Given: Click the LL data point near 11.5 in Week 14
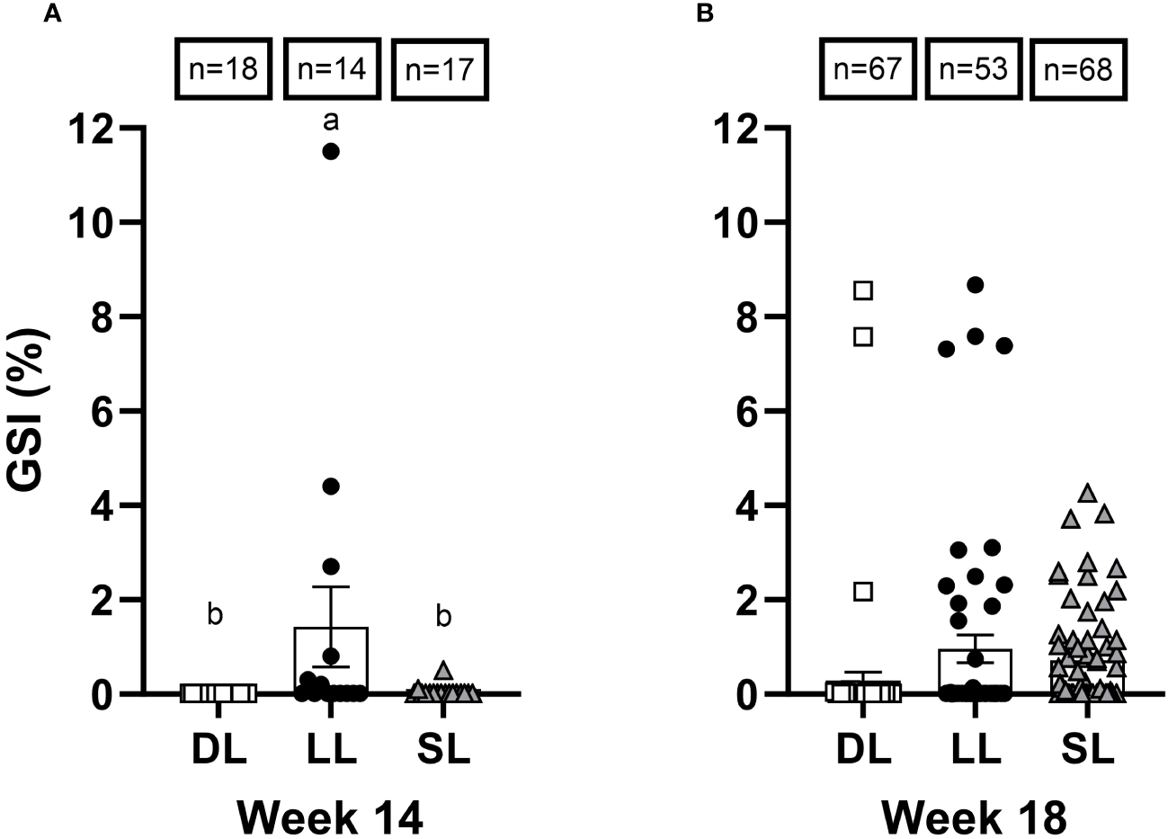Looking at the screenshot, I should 331,151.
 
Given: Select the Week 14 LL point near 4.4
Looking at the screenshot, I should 331,486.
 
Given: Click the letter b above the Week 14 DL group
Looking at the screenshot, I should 215,615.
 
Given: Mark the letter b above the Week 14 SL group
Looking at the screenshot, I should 443,617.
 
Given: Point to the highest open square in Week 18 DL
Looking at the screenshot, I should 864,290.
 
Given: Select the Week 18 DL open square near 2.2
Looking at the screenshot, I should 864,591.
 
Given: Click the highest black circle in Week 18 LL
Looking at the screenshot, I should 975,285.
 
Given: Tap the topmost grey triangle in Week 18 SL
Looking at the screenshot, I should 1088,493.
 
